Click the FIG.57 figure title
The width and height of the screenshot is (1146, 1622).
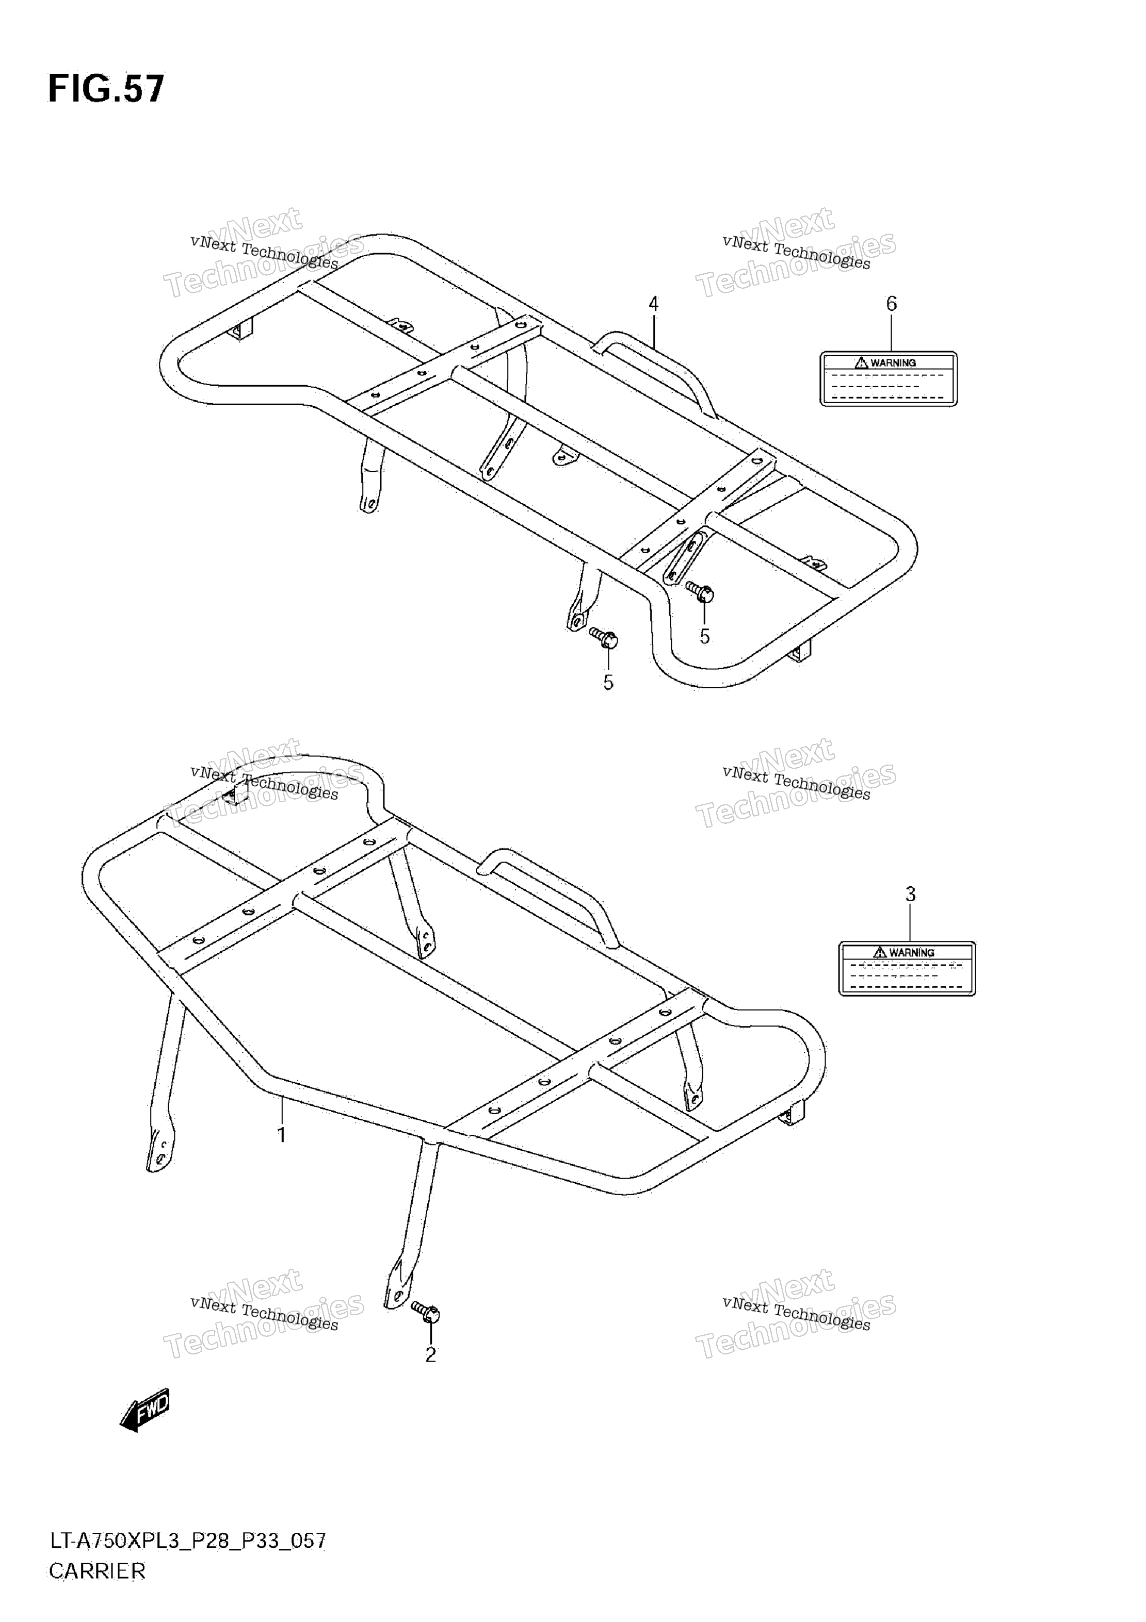tap(106, 89)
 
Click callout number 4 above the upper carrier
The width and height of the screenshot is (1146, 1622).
tap(653, 305)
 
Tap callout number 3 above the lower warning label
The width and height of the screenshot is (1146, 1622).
tap(911, 895)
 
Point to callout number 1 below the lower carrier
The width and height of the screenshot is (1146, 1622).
tap(281, 1135)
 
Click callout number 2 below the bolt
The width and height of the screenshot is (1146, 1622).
tap(430, 1354)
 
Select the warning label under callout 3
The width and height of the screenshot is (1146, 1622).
tap(907, 969)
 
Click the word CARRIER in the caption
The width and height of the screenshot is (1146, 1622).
tap(97, 1570)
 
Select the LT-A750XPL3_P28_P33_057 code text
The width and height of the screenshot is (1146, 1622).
tap(187, 1541)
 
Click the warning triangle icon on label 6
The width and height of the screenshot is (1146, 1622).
tap(861, 362)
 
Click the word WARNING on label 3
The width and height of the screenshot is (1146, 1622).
tap(912, 952)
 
